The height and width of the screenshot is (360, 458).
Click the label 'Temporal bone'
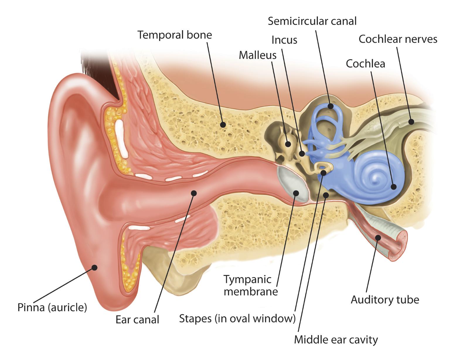click(175, 35)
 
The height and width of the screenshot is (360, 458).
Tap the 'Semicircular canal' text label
click(312, 21)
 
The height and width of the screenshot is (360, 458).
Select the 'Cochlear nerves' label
click(398, 39)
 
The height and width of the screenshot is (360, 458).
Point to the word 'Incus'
click(284, 40)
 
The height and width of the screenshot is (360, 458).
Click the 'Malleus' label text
click(258, 55)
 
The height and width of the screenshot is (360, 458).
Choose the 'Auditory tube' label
click(385, 300)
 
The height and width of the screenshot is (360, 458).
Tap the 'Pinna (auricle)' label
click(52, 308)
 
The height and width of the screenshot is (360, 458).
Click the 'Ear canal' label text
click(137, 320)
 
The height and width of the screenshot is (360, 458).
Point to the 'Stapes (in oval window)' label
click(237, 318)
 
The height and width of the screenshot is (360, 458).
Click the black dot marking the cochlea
click(394, 187)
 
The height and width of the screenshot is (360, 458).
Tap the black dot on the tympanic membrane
click(296, 193)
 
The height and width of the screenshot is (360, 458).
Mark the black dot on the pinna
click(95, 268)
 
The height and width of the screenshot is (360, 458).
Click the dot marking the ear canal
click(194, 193)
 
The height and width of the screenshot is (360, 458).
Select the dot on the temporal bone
click(223, 125)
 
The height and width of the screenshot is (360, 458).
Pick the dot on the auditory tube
click(378, 238)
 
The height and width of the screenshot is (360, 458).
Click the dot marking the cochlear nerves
click(411, 122)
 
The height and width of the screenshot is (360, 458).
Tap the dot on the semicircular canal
click(331, 106)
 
